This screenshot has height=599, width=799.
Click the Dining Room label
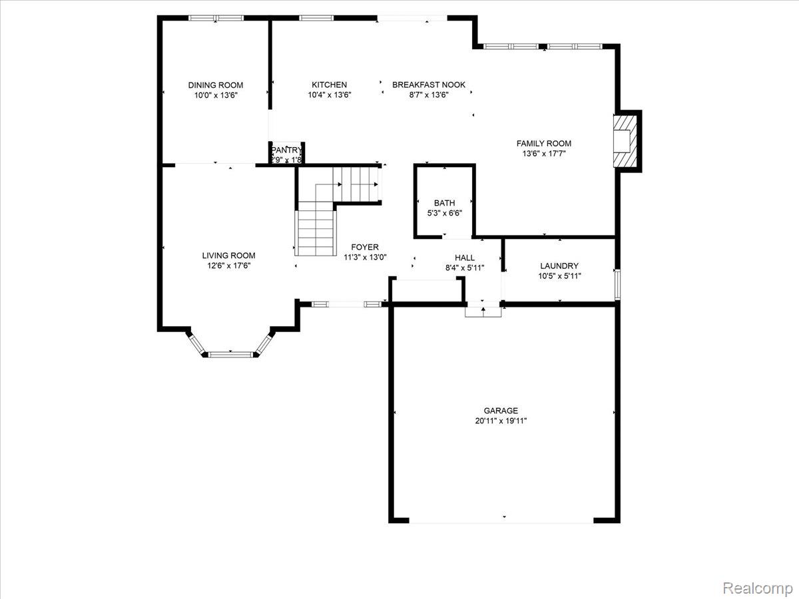215,85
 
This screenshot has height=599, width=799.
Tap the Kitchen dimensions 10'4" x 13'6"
329,95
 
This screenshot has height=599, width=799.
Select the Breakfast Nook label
428,85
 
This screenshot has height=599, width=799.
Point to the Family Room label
543,143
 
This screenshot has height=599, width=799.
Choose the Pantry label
286,150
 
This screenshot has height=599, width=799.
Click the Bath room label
444,203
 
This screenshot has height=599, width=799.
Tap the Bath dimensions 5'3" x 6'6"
444,213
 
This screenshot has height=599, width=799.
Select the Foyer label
365,247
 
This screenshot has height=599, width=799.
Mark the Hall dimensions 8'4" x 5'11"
464,268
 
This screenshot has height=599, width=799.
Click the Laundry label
559,266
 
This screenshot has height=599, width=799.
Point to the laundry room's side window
617,284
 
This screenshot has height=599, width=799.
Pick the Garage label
501,411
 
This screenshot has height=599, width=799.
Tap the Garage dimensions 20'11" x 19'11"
501,421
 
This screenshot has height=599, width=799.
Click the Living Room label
228,256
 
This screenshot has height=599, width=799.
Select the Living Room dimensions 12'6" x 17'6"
228,266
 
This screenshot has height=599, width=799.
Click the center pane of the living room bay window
230,354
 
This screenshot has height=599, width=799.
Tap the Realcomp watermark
757,588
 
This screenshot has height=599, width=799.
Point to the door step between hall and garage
483,311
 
